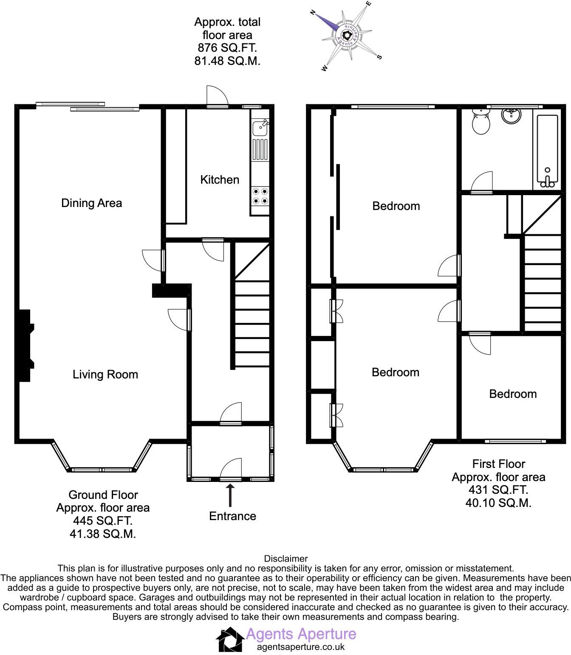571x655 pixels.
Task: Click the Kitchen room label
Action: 220,179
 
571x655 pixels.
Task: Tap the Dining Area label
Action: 91,203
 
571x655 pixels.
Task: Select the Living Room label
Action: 105,374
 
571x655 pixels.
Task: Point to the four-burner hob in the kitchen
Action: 260,196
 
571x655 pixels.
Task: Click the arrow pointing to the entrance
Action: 230,495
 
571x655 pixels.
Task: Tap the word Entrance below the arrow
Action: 232,516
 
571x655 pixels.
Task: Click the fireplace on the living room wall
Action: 25,345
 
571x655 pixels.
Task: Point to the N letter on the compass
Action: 313,13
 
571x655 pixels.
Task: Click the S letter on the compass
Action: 380,57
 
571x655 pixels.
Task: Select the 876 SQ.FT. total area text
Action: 227,48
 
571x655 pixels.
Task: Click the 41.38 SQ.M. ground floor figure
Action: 103,534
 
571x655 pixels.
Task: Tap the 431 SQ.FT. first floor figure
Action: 498,490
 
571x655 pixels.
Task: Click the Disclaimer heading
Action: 285,559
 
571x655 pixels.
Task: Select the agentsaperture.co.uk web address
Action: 301,647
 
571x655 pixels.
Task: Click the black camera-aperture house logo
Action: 230,640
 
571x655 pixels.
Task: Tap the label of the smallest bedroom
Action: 513,394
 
